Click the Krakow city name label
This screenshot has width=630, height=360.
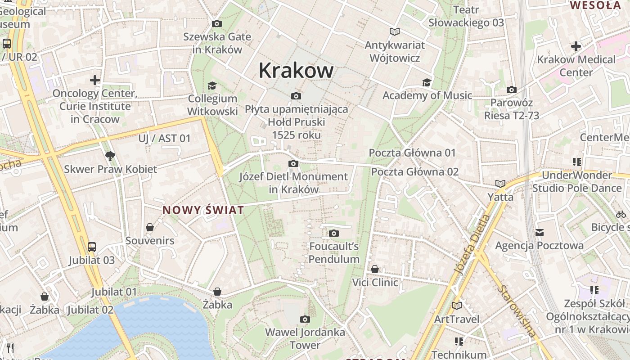coord(296,71)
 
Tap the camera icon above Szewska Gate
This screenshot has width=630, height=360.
coord(217,23)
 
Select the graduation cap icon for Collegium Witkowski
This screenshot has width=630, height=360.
coord(212,85)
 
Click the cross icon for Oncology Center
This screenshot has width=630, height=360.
coord(95,80)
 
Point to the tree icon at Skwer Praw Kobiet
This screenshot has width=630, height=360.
coord(110,156)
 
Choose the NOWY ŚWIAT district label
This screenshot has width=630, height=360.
coord(203,210)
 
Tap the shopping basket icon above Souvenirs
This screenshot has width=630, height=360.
coord(150,227)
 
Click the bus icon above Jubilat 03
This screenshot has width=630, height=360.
coord(92,247)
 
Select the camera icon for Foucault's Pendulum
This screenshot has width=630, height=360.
coord(333,233)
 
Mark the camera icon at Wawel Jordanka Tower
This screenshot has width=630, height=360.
coord(305,319)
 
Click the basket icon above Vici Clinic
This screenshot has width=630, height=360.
coord(375,269)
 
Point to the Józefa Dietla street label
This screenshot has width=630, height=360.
coord(472,245)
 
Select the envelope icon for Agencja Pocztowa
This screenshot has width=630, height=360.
coord(540,232)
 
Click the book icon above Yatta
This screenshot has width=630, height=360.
coord(500,184)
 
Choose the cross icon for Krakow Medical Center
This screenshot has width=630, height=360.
coord(576,46)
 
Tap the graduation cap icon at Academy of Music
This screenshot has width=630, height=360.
coord(427,82)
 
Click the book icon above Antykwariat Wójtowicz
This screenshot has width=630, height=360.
coord(395,31)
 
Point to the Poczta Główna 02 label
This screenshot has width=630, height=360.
coord(414,171)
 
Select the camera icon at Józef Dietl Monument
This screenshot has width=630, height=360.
coord(293,163)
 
